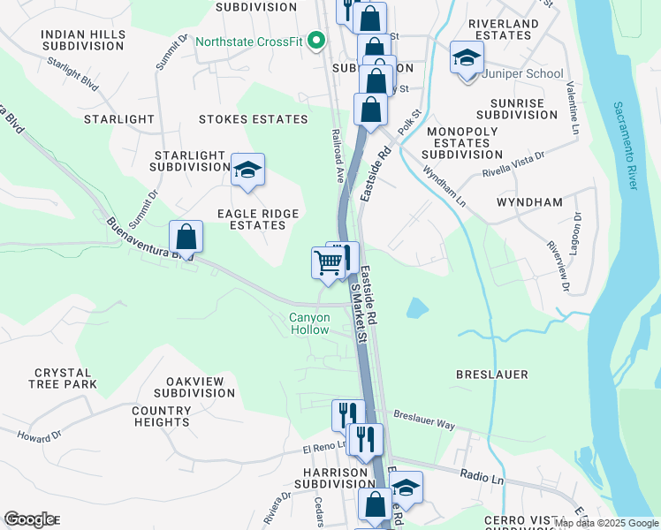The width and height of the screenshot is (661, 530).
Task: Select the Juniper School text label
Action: [522, 74]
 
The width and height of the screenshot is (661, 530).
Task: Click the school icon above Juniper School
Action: [466, 58]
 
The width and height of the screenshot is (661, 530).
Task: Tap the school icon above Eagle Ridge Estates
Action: [247, 170]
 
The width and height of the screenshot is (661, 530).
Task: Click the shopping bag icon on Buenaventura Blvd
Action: [186, 237]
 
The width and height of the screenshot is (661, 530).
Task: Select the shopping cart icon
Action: [328, 262]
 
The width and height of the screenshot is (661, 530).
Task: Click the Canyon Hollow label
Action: [308, 324]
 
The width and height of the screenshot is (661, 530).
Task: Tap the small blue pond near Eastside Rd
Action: [416, 308]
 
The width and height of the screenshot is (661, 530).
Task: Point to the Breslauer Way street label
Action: [424, 420]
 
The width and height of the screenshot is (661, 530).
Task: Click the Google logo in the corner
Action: [28, 519]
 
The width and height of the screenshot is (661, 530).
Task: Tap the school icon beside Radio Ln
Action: [406, 488]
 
